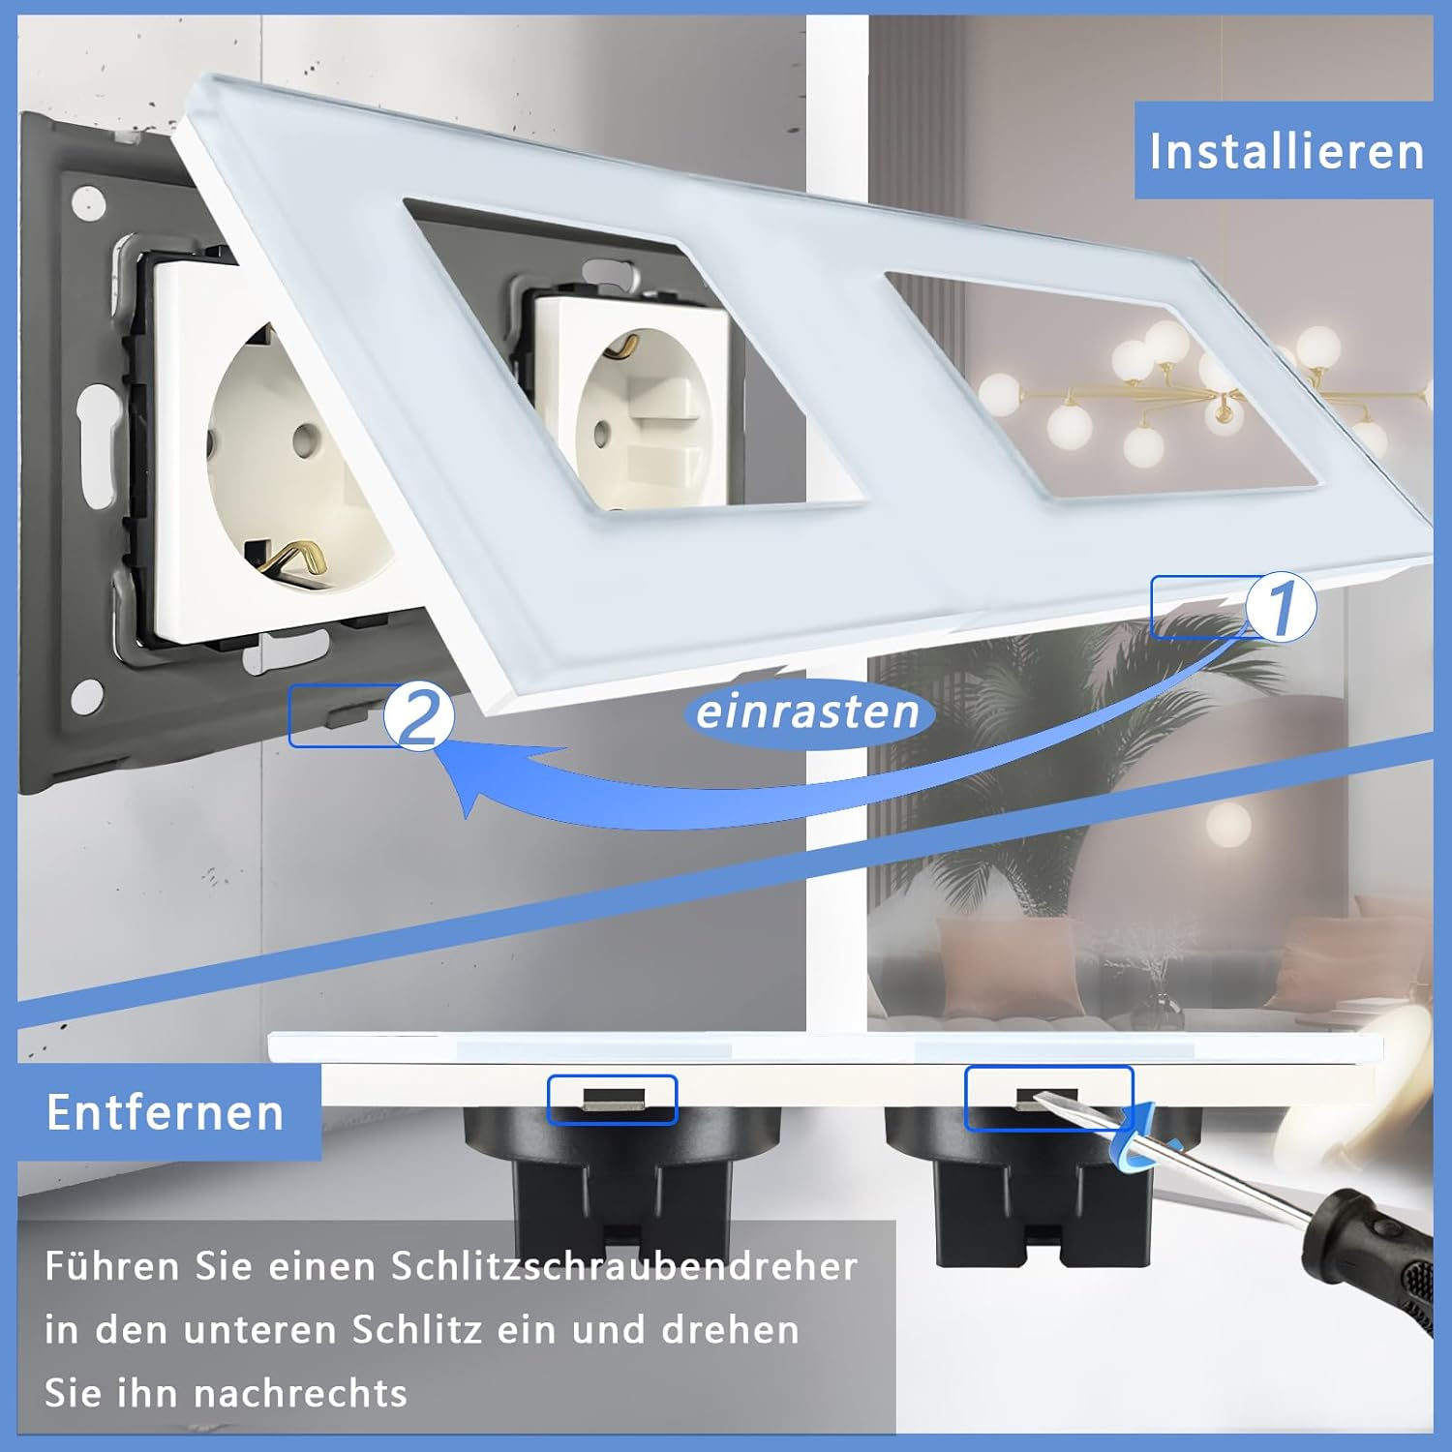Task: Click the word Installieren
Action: coord(1286,151)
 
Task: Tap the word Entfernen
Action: coord(166,1112)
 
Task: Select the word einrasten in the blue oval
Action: coord(807,711)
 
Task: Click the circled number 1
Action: coord(1281,607)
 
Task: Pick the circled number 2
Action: coord(419,716)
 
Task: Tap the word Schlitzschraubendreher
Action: coord(624,1266)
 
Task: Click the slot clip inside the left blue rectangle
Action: coord(612,1098)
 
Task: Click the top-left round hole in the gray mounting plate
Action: coord(92,201)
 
